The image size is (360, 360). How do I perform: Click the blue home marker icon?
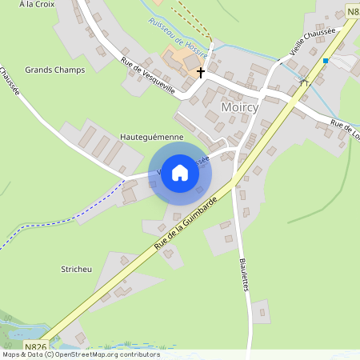(180, 173)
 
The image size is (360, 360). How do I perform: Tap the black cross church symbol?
(200, 72)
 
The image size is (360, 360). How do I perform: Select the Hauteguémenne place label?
(151, 137)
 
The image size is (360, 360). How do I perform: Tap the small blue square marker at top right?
(326, 61)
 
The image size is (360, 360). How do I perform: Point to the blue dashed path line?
(64, 212)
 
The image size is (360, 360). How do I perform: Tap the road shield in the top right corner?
(353, 10)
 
